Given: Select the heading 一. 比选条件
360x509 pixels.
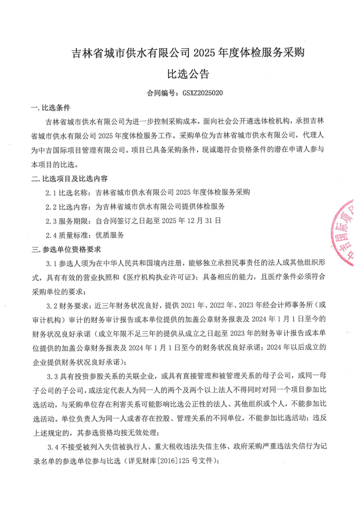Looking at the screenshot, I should (x=50, y=108).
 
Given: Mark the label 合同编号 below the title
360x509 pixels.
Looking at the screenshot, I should (x=160, y=94).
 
